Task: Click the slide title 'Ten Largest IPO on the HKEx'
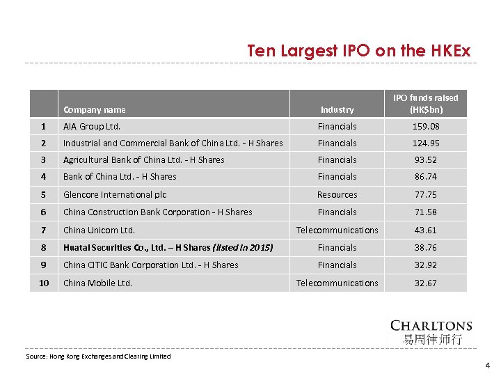(x=359, y=52)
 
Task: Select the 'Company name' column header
(x=95, y=109)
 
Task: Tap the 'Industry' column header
(x=337, y=109)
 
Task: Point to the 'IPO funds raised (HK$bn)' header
(x=426, y=104)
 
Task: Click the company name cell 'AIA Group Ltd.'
(x=92, y=127)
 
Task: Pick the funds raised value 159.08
(x=426, y=127)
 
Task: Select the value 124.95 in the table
(x=426, y=143)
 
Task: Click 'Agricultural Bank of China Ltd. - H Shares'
(x=144, y=160)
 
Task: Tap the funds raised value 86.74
(x=426, y=177)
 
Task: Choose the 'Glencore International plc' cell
(x=115, y=195)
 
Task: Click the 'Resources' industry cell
(x=337, y=195)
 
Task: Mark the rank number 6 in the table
(x=43, y=212)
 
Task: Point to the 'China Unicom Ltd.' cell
(x=99, y=230)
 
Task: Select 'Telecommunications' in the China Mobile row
(x=337, y=283)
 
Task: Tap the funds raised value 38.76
(x=426, y=248)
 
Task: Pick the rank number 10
(x=43, y=283)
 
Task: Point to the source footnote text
(x=98, y=357)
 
